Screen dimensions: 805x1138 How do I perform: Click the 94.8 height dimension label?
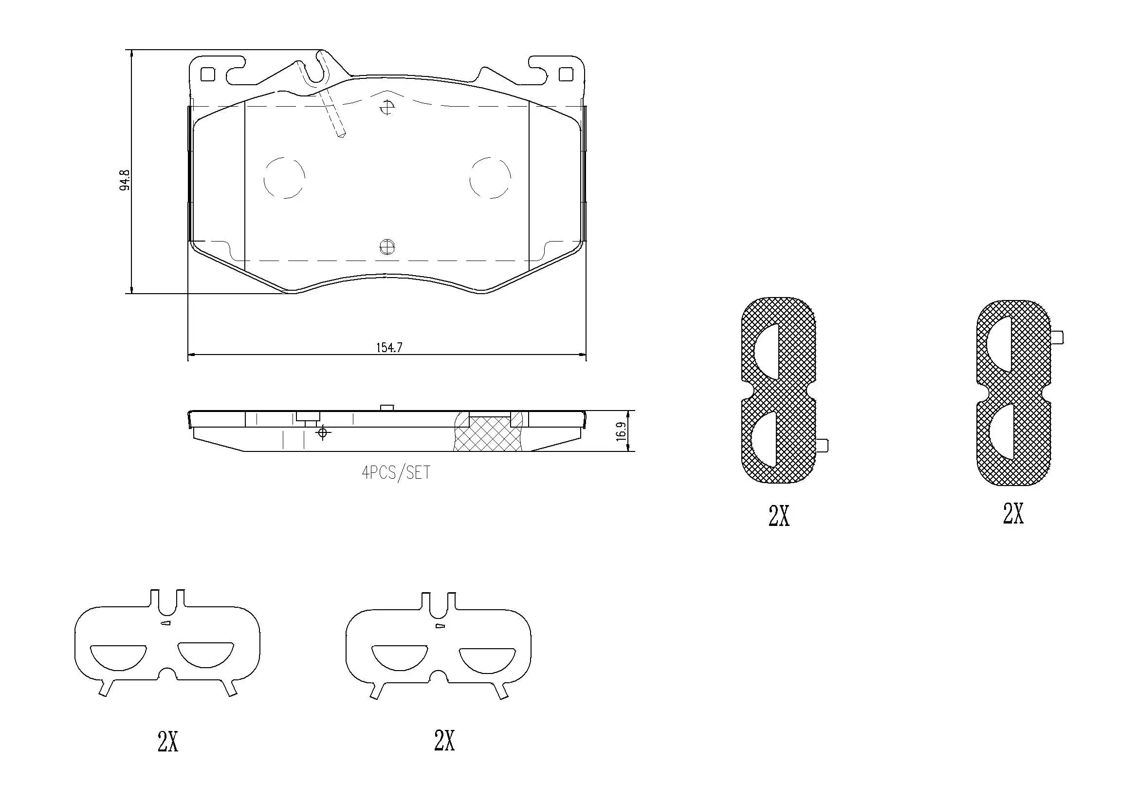pyautogui.click(x=125, y=180)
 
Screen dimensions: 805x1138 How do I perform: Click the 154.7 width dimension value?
pyautogui.click(x=389, y=348)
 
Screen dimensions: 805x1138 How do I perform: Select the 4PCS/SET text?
pyautogui.click(x=396, y=473)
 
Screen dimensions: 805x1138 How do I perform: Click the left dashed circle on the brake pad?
pyautogui.click(x=284, y=178)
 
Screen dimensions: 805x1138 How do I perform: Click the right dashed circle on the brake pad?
pyautogui.click(x=490, y=178)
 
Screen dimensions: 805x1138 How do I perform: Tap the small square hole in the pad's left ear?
pyautogui.click(x=207, y=74)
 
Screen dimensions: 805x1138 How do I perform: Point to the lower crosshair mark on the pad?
pyautogui.click(x=386, y=246)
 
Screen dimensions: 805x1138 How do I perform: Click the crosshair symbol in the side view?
pyautogui.click(x=323, y=433)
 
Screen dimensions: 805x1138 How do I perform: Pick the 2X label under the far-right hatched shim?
pyautogui.click(x=1013, y=513)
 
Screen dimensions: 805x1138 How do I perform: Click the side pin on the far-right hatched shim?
pyautogui.click(x=1057, y=338)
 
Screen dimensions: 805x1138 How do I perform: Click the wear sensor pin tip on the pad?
pyautogui.click(x=341, y=133)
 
